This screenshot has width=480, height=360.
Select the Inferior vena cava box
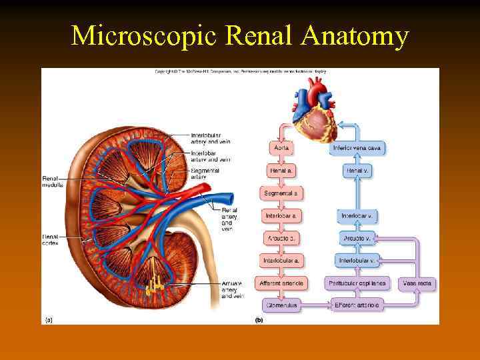click(x=357, y=148)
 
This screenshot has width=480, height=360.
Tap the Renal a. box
click(x=281, y=171)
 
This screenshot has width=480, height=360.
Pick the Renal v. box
click(x=357, y=171)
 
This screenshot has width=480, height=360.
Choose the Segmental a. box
click(x=281, y=193)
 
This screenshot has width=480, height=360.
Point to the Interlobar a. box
click(x=281, y=216)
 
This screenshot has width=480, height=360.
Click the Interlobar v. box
click(x=357, y=216)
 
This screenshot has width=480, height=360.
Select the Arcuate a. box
click(x=281, y=238)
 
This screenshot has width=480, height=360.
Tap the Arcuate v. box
click(x=357, y=238)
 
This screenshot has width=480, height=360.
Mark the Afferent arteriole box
click(x=281, y=283)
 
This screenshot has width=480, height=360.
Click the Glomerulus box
click(x=281, y=305)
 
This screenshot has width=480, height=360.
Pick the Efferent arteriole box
click(x=357, y=305)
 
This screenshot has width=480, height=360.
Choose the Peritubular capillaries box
click(x=357, y=283)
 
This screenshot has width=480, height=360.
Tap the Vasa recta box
click(x=417, y=283)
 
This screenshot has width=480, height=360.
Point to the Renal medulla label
click(x=53, y=181)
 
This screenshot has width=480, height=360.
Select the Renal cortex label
click(x=51, y=239)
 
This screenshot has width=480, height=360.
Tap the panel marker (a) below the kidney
click(x=48, y=320)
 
